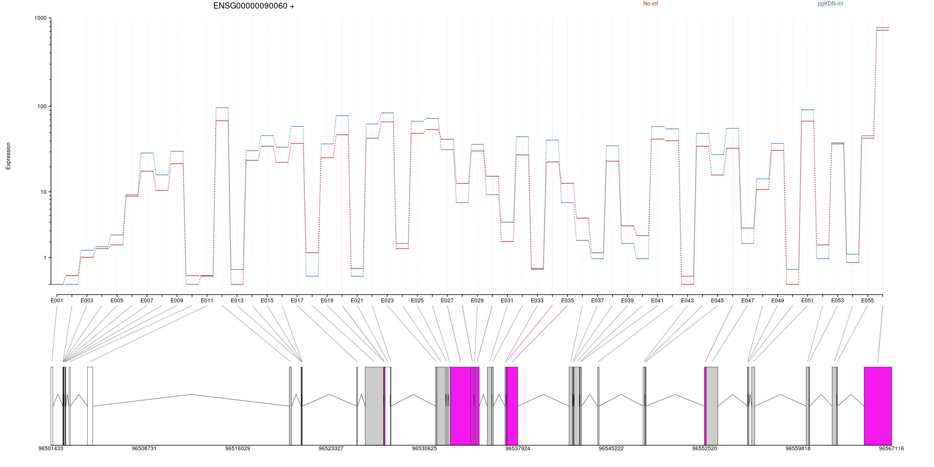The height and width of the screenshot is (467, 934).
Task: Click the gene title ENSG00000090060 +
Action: coord(254,6)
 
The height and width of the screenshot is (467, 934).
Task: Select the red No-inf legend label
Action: coord(650,4)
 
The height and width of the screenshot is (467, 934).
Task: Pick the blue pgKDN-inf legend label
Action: coord(830,4)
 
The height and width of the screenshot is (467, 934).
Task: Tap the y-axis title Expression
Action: coord(8,156)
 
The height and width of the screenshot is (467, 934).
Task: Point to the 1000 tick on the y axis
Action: coord(40,18)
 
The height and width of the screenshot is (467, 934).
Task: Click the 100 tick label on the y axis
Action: coord(41,106)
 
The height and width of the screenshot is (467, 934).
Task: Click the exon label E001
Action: coord(57,300)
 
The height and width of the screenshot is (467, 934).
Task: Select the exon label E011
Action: coord(207,300)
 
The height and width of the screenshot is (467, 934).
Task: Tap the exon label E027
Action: coord(447,300)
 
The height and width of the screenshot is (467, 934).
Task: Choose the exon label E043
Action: coord(687,300)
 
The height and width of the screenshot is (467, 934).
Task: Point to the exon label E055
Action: coord(867,300)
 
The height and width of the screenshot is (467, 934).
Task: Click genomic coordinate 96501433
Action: coord(51,448)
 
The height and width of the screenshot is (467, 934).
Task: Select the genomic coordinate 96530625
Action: coord(424,448)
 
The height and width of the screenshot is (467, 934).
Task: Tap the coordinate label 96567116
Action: coord(891,448)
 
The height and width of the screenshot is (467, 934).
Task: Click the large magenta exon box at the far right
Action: coord(878,406)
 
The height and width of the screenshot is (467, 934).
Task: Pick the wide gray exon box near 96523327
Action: coord(374,406)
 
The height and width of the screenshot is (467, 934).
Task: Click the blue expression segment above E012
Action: coord(222,108)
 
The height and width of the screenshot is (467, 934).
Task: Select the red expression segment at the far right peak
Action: coord(883,30)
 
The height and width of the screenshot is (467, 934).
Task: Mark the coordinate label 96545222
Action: coord(611,448)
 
